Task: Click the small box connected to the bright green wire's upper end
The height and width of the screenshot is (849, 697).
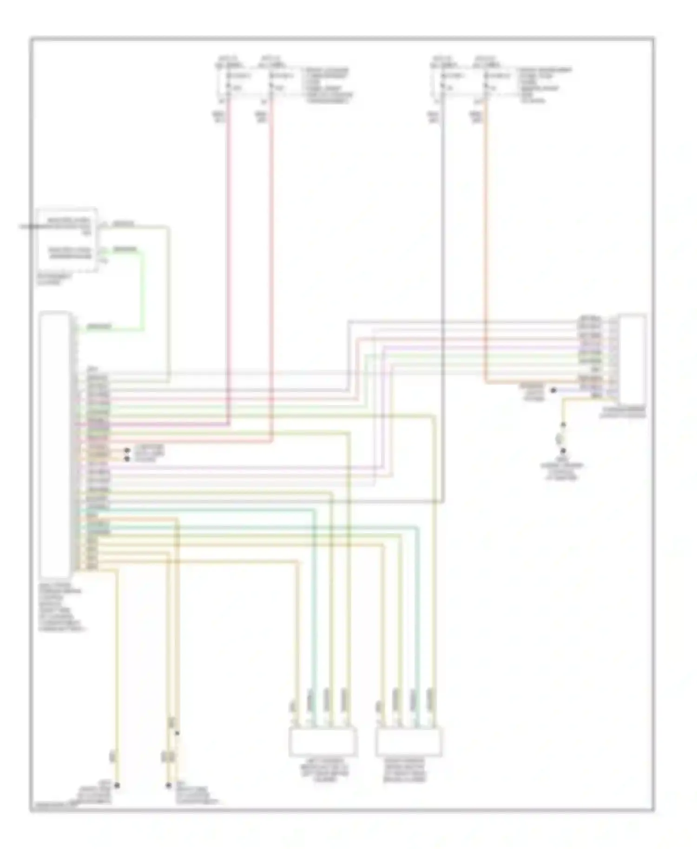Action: pos(67,239)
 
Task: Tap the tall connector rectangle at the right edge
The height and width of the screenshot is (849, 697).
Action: pos(632,359)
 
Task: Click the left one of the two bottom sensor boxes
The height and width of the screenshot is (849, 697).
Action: pos(323,742)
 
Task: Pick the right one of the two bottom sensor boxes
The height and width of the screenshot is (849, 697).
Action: pos(409,742)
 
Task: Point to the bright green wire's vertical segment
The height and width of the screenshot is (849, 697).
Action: pos(143,290)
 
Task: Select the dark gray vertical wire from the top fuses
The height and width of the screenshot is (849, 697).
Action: pos(443,279)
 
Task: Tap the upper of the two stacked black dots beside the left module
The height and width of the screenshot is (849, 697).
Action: pos(126,451)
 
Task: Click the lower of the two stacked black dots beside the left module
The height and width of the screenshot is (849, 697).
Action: pos(126,459)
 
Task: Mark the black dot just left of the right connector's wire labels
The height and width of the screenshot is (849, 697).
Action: pos(553,391)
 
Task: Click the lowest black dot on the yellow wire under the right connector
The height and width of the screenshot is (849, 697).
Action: pos(563,451)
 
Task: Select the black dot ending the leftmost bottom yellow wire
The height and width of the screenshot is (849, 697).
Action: pos(117,785)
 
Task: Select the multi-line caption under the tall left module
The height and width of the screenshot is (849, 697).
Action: pos(60,606)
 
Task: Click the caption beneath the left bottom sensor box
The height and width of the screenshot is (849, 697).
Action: pos(324,773)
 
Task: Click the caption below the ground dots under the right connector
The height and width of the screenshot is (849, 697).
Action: pos(562,470)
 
